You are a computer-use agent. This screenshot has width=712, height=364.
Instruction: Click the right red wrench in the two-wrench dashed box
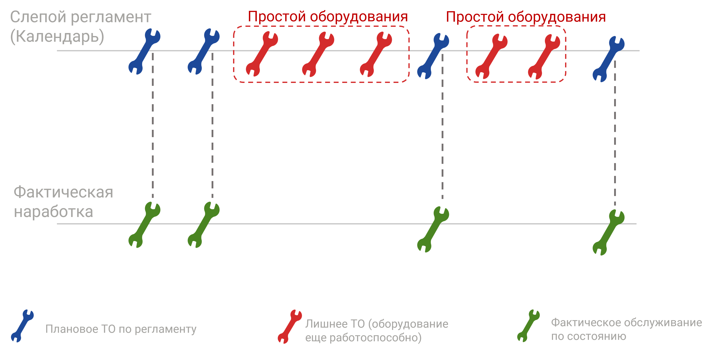544,57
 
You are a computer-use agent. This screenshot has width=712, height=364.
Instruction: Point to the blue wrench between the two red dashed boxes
433,56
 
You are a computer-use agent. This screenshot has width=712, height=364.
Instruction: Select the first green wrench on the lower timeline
144,225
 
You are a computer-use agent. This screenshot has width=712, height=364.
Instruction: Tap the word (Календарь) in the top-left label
57,36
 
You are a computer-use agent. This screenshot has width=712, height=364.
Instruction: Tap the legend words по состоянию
589,336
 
